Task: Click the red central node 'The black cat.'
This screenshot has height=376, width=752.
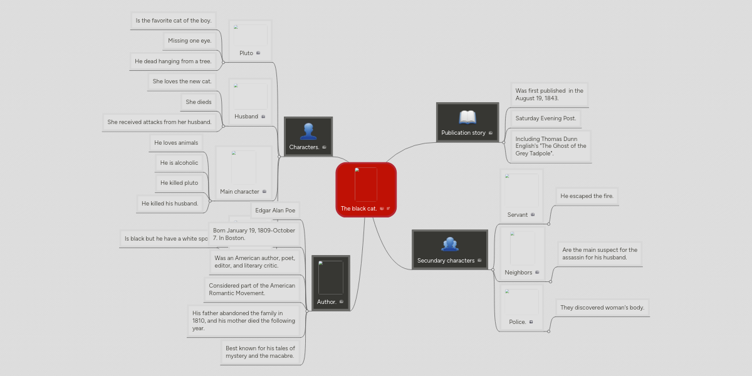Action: pyautogui.click(x=366, y=190)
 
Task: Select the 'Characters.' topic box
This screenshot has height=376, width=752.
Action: pyautogui.click(x=308, y=136)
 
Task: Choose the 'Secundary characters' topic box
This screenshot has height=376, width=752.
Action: pyautogui.click(x=449, y=249)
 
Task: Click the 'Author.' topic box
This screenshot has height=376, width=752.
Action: pyautogui.click(x=330, y=283)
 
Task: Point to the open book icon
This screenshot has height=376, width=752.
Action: pyautogui.click(x=467, y=117)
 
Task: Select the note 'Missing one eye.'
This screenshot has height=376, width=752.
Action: pyautogui.click(x=190, y=41)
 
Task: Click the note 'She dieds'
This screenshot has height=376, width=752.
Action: pyautogui.click(x=199, y=102)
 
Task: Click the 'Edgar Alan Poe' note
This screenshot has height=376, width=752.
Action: pyautogui.click(x=275, y=211)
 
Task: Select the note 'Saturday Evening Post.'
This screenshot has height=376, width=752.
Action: pyautogui.click(x=545, y=118)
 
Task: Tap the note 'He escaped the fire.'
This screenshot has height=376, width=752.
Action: pyautogui.click(x=587, y=196)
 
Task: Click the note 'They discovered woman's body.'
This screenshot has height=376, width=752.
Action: pyautogui.click(x=602, y=308)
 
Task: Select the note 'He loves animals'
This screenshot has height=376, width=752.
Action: pyautogui.click(x=176, y=143)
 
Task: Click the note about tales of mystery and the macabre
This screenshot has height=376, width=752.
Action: pyautogui.click(x=259, y=352)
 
